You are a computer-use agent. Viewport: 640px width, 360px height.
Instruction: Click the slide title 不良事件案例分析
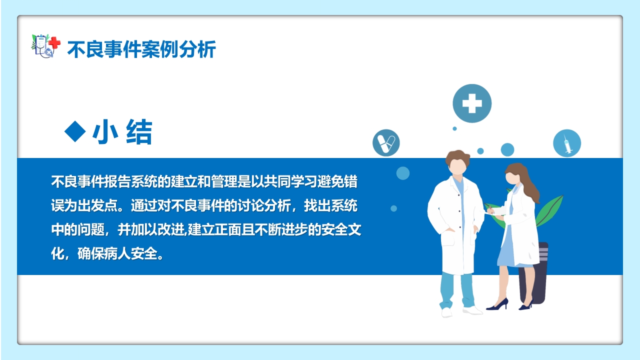[141, 49]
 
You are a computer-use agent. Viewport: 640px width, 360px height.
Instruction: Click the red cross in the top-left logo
[54, 43]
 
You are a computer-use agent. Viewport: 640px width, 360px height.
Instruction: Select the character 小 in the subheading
[105, 132]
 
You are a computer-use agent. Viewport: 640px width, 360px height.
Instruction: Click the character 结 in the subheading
[138, 132]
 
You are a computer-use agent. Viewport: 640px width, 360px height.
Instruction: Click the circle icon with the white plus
[471, 103]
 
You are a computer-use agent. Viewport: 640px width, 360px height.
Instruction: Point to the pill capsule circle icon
[386, 142]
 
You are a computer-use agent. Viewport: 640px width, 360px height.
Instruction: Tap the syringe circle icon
[566, 143]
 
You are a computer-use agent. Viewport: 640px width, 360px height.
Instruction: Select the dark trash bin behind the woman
[537, 272]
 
